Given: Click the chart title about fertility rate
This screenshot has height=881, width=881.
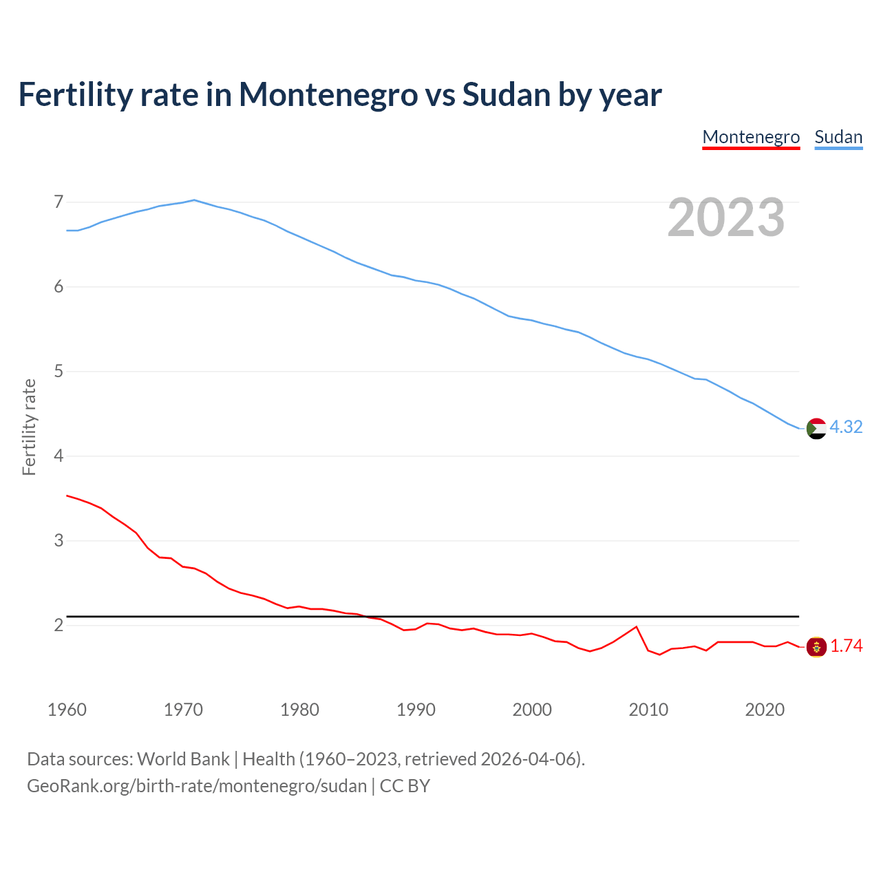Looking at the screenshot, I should point(339,95).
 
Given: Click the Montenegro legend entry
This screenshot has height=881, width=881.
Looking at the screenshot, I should point(751,137).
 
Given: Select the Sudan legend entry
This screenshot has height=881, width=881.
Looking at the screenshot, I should point(838,137).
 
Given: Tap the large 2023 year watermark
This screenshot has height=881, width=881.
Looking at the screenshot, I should point(726,217).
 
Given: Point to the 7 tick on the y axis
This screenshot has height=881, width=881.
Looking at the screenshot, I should point(59,202).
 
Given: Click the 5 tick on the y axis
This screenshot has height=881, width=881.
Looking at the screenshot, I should point(59,372).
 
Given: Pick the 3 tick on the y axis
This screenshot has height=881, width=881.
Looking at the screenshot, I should point(59,541).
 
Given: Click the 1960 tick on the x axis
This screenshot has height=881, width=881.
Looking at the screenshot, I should point(67,710).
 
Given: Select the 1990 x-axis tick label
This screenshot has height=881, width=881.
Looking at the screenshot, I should point(416,710).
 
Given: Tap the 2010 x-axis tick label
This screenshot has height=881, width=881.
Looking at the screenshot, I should point(648,710).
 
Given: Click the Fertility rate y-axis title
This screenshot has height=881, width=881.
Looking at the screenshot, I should point(29,427).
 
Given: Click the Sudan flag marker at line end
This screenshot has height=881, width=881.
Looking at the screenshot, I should point(816,428).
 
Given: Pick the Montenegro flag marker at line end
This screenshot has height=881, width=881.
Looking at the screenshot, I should point(816,647).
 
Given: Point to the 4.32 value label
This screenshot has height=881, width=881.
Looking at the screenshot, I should point(846,427).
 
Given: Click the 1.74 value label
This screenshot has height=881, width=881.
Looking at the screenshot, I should point(846,646).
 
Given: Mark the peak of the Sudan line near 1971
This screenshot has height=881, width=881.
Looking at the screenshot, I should point(194,200).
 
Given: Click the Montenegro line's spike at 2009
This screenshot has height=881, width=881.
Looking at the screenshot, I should point(637,626).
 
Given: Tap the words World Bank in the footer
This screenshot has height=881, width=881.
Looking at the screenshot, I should point(183,759).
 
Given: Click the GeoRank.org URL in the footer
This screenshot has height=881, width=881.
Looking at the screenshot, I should point(197,786).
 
